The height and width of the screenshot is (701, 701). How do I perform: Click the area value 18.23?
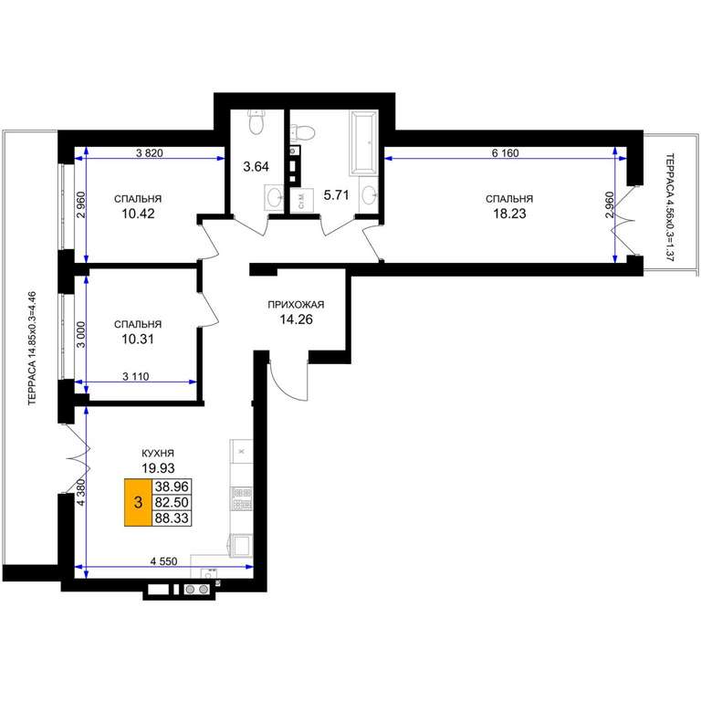click(x=509, y=214)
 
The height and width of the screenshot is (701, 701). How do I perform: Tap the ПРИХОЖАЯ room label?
click(x=296, y=305)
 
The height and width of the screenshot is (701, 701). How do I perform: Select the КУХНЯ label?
click(x=158, y=454)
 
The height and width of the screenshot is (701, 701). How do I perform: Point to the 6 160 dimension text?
click(x=505, y=153)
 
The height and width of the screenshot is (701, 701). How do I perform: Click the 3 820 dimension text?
click(x=150, y=153)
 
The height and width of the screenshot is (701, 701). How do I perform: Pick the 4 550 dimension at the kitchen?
click(x=163, y=561)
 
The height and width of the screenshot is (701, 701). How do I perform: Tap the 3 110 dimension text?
click(x=135, y=377)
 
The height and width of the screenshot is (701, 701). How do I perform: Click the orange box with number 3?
click(x=138, y=503)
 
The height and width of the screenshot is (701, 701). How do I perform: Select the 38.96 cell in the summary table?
click(x=172, y=487)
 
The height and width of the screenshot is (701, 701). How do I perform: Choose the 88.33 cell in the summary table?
click(x=172, y=518)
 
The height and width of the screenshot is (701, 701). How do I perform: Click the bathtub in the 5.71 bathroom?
click(x=363, y=143)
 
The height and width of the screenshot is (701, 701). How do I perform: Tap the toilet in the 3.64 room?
click(x=256, y=122)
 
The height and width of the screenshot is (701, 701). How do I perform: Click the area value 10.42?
click(x=138, y=214)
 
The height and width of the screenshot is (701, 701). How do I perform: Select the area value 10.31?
click(x=138, y=339)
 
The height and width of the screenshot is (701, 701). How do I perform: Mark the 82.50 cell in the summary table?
click(x=172, y=503)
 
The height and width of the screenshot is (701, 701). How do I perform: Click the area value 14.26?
click(x=296, y=319)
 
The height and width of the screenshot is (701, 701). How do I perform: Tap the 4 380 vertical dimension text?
click(x=81, y=492)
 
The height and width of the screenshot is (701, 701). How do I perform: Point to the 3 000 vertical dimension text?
click(x=80, y=335)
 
